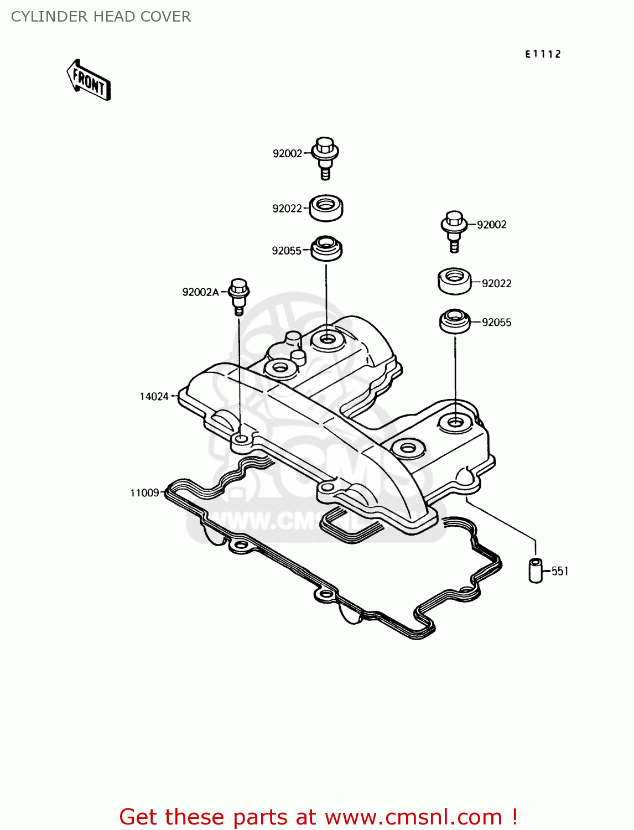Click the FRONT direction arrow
coord(89,81)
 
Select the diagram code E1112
coord(543,54)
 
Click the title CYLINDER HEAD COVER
coord(101,17)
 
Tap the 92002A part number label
coord(200,292)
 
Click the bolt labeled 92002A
coord(239,295)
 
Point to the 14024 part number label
coord(154,396)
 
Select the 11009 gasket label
coord(144,492)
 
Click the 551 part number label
coord(560,571)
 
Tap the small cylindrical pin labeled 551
coord(536,570)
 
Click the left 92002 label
coord(287,153)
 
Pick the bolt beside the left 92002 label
coord(325,156)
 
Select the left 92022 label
coord(287,209)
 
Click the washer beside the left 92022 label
coord(326,208)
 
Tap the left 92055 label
coord(287,251)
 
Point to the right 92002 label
coord(492,225)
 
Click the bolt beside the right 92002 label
coord(454,230)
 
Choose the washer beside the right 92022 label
coord(454,281)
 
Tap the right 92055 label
coord(496,323)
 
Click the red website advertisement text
coord(318,817)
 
